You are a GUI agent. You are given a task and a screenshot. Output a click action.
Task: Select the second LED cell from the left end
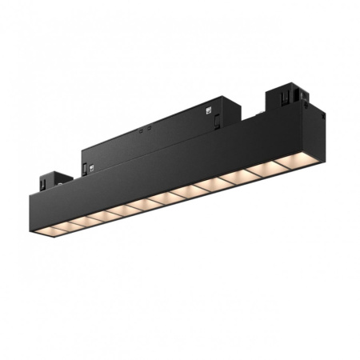pyautogui.click(x=64, y=224)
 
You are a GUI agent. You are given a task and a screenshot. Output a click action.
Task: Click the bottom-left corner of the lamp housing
pyautogui.click(x=37, y=234)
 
